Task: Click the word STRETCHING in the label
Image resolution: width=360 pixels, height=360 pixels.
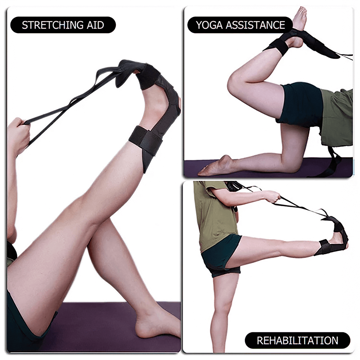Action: tap(53, 25)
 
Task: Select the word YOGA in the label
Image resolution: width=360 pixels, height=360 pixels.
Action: tap(210, 25)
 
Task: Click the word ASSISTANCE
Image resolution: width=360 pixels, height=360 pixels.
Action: tap(255, 25)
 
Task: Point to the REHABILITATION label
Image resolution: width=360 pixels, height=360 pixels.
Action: tap(297, 340)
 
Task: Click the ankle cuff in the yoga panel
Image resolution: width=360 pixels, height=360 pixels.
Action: tap(276, 46)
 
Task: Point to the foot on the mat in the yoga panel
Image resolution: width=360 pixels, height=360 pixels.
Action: tap(215, 166)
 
